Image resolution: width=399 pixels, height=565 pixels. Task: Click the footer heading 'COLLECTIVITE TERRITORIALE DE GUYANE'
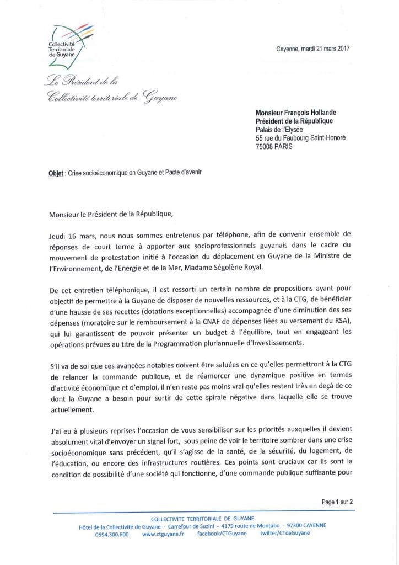(198, 518)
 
